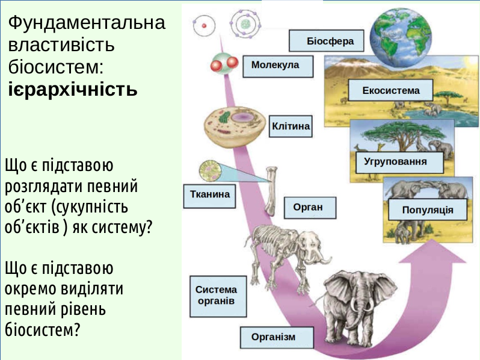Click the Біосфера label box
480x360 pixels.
pyautogui.click(x=327, y=41)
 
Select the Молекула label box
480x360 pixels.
pyautogui.click(x=278, y=66)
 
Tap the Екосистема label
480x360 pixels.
pyautogui.click(x=390, y=90)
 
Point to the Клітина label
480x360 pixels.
pyautogui.click(x=291, y=126)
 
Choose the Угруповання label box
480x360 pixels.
pyautogui.click(x=399, y=163)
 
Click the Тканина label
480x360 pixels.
pyautogui.click(x=210, y=196)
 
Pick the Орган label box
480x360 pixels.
pyautogui.click(x=310, y=208)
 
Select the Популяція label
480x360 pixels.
pyautogui.click(x=428, y=209)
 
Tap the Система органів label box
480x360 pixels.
pyautogui.click(x=218, y=296)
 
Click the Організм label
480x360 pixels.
pyautogui.click(x=277, y=337)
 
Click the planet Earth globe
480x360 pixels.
pyautogui.click(x=401, y=37)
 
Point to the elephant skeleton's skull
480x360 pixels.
pyautogui.click(x=312, y=247)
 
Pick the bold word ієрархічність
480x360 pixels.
pyautogui.click(x=73, y=89)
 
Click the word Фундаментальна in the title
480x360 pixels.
pyautogui.click(x=87, y=23)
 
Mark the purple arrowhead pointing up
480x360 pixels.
pyautogui.click(x=432, y=251)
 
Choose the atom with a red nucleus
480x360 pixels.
pyautogui.click(x=204, y=26)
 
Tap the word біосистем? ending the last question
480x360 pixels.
pyautogui.click(x=42, y=330)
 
